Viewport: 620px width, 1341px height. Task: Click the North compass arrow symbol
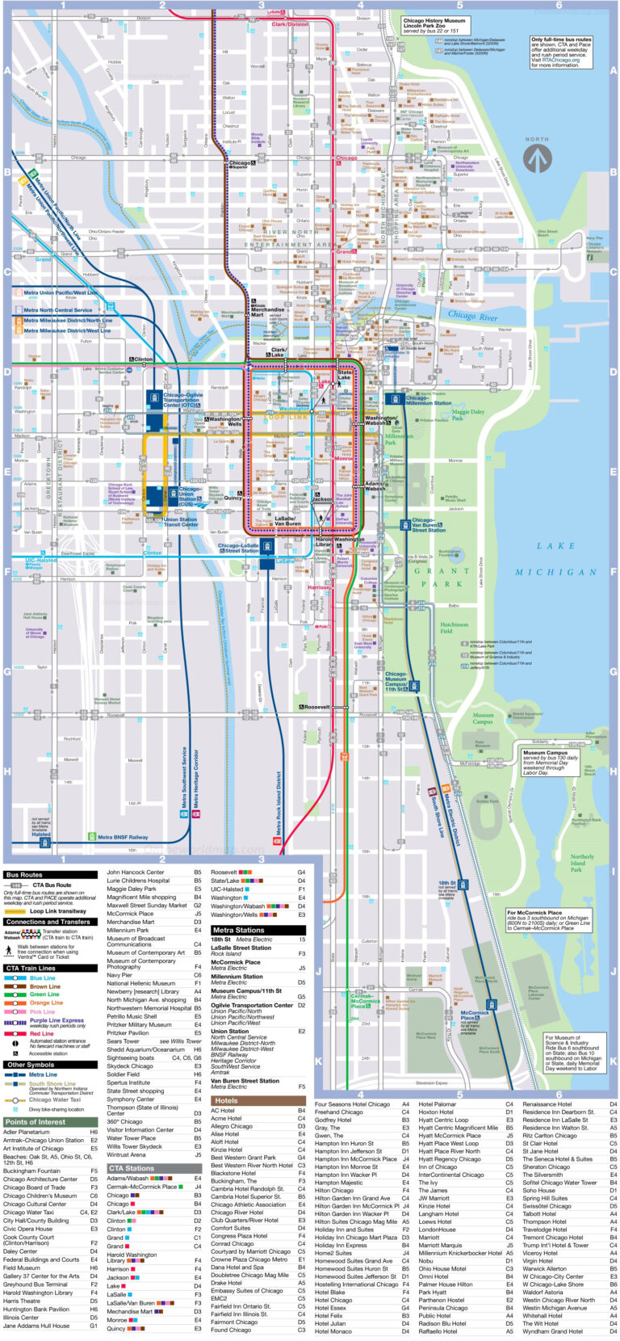click(537, 158)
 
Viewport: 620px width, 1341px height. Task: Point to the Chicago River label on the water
click(472, 315)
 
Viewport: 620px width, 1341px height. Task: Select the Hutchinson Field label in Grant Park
click(454, 627)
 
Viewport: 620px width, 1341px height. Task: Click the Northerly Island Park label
click(581, 863)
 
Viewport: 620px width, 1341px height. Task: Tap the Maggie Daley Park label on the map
click(467, 415)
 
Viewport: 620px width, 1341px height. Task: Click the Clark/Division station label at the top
click(290, 24)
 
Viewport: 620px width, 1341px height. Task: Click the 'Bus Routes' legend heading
click(24, 875)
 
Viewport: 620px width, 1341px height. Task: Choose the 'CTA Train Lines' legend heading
click(31, 968)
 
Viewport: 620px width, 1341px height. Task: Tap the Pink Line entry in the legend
click(42, 1011)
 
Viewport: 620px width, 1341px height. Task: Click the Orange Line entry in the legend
click(46, 1003)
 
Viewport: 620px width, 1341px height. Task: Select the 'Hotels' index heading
click(227, 1100)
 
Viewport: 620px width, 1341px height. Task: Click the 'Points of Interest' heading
click(35, 1121)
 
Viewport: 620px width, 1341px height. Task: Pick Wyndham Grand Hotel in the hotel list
click(552, 1331)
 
